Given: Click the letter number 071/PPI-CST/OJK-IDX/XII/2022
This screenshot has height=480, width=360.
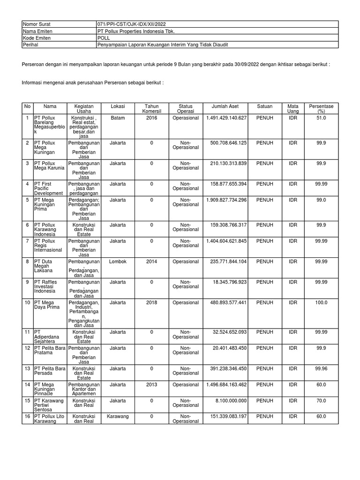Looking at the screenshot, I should [x=131, y=23].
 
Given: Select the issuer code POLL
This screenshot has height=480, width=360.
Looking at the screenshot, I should [x=104, y=37].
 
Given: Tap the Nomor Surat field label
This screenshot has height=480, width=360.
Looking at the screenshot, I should [x=37, y=23].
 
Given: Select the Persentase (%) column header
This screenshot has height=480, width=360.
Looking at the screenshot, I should [x=321, y=109].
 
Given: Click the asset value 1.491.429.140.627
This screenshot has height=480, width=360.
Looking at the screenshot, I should [x=226, y=118].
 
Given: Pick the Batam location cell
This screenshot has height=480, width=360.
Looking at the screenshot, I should [x=118, y=118].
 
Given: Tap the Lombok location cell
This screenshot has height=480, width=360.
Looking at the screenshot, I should [x=118, y=262].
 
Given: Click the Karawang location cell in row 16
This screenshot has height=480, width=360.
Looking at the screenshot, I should [x=118, y=416].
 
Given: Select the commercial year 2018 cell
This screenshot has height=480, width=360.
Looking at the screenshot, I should [x=151, y=302].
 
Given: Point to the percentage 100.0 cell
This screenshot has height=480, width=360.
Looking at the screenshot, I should [x=321, y=302].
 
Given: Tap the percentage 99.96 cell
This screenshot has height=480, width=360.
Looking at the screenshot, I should [x=321, y=369].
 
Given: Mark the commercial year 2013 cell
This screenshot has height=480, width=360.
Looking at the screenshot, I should [x=151, y=384].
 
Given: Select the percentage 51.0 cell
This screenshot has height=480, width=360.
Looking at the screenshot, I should [x=321, y=118].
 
